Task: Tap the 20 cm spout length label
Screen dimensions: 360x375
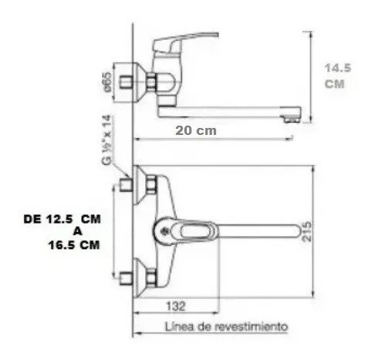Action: click(x=196, y=131)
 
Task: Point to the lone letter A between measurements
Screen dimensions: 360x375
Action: click(x=77, y=231)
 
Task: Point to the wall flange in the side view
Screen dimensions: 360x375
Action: click(x=140, y=83)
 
